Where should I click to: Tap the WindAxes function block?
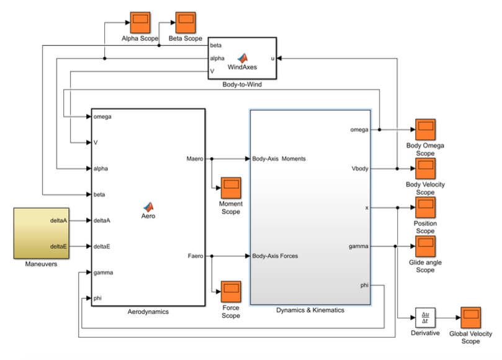pos(242,58)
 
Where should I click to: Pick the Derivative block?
pos(425,318)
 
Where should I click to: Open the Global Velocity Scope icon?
pos(470,318)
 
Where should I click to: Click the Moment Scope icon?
pos(231,187)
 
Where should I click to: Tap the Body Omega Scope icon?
pos(425,130)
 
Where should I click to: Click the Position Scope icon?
pos(425,207)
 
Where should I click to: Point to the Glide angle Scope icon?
pos(425,246)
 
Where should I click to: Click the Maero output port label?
pos(194,159)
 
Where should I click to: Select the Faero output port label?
pos(195,256)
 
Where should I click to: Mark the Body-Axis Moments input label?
pos(279,159)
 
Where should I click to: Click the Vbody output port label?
pos(359,168)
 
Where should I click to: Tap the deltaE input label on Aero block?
pos(102,246)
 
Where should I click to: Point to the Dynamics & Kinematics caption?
pos(310,310)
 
